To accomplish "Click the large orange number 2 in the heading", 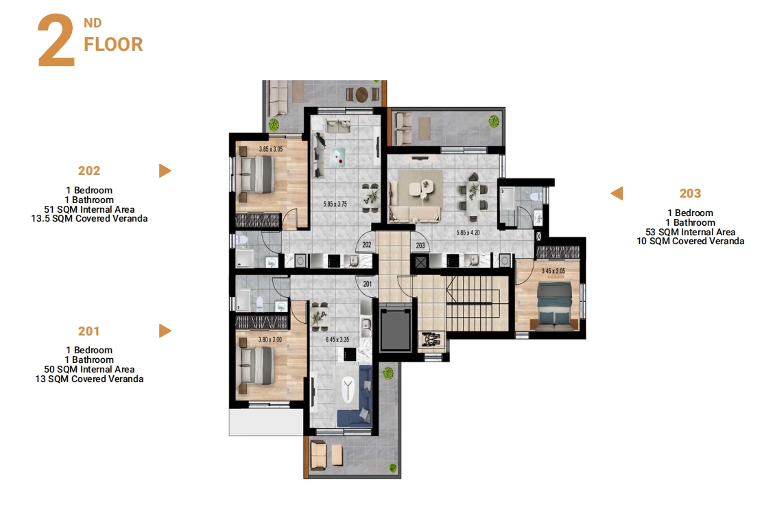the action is click(x=56, y=41).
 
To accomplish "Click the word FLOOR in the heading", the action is click(x=113, y=45).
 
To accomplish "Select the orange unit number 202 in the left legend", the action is click(x=89, y=171).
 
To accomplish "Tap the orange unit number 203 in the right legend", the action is click(x=690, y=193).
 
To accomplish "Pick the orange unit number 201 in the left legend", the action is click(x=89, y=331).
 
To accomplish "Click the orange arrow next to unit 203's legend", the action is click(x=617, y=193).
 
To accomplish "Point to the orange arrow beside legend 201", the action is click(x=165, y=331).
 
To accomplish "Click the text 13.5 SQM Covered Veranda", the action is click(x=89, y=219).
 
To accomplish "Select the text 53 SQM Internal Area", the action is click(x=690, y=233).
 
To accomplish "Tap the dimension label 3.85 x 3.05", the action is click(x=271, y=149).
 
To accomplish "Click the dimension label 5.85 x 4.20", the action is click(x=468, y=233).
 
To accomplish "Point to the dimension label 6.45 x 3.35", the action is click(x=337, y=340).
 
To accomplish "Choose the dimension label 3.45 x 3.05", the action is click(x=553, y=271).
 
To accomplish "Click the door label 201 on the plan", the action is click(x=368, y=284).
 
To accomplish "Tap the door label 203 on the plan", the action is click(x=420, y=246).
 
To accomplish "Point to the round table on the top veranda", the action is click(x=361, y=94).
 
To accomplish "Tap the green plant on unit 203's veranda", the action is click(x=495, y=121).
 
